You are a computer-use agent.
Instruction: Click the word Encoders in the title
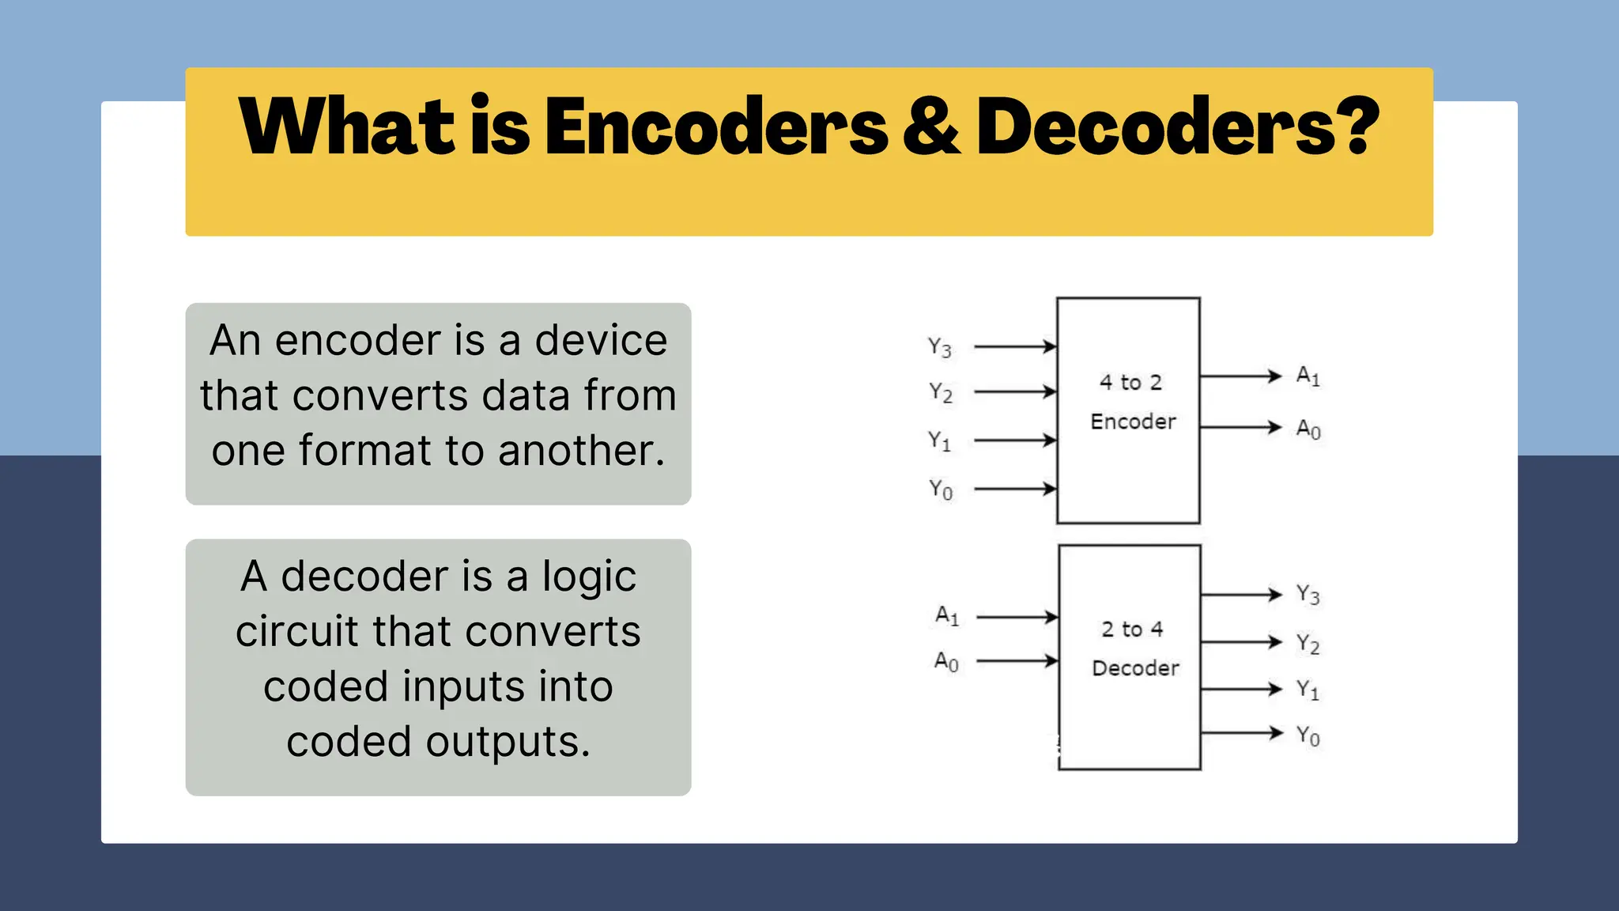click(715, 127)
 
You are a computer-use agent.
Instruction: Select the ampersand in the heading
click(931, 127)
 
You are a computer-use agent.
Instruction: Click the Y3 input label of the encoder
click(940, 347)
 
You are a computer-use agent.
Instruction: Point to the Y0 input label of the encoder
click(941, 490)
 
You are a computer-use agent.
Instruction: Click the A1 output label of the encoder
click(1308, 376)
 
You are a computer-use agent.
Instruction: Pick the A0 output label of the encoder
click(1308, 429)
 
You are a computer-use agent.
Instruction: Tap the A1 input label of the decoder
click(947, 615)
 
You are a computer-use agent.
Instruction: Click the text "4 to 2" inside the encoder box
click(1130, 383)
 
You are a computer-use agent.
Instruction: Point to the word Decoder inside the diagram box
click(1135, 668)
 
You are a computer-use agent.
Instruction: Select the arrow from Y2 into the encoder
click(1016, 391)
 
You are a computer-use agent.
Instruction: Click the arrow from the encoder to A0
click(1240, 428)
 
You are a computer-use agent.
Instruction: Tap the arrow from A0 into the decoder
click(1018, 660)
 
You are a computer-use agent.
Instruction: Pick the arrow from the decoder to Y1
click(1241, 690)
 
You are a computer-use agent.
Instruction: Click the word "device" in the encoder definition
click(601, 341)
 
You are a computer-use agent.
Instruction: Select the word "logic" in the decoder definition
click(589, 576)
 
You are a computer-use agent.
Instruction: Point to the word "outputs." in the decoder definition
click(508, 743)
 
